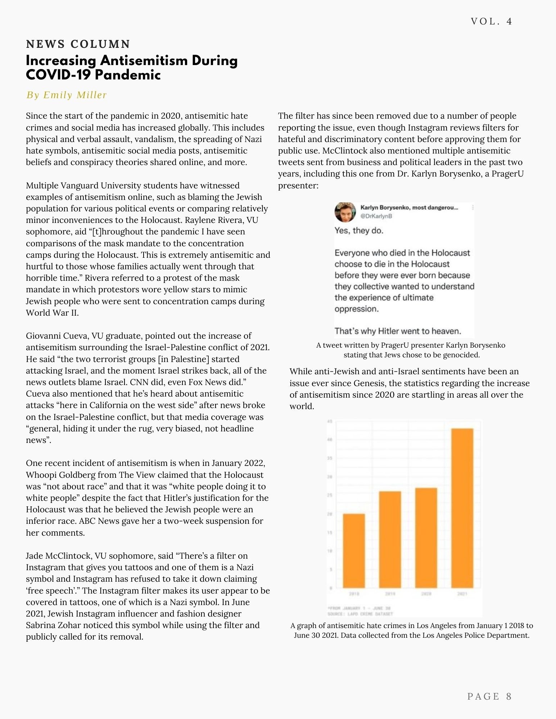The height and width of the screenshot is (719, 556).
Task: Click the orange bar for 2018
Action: click(x=354, y=550)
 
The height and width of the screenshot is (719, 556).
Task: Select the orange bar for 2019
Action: click(x=390, y=539)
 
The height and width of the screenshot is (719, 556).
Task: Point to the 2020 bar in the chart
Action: click(x=426, y=537)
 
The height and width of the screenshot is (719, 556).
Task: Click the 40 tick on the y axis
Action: click(x=330, y=439)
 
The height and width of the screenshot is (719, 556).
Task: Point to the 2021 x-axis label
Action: click(x=462, y=594)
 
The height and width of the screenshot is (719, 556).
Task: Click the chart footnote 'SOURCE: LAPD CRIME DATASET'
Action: click(x=360, y=614)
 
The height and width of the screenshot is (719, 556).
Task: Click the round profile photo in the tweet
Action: click(x=345, y=212)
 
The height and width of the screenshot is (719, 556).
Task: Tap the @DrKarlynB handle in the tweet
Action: click(x=376, y=216)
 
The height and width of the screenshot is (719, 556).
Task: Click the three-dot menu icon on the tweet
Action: click(x=473, y=207)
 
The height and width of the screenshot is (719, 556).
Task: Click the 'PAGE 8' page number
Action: click(x=489, y=696)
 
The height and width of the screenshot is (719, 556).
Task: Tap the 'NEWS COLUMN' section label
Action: click(x=78, y=44)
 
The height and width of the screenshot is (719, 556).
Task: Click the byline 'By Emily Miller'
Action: click(x=67, y=95)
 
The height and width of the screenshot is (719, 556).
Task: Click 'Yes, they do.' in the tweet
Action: click(x=359, y=230)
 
